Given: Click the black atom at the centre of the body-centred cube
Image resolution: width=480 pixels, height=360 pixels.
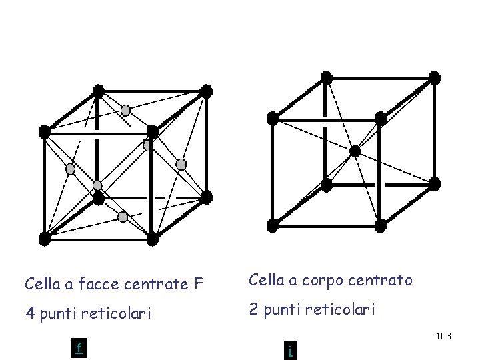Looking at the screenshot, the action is coord(355,151).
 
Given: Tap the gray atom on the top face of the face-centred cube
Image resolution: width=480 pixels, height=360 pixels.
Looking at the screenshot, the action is coord(125,111).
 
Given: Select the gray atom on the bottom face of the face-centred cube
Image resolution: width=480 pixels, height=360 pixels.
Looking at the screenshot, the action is coord(123,217).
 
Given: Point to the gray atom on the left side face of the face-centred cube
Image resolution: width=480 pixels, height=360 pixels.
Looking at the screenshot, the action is coord(70,169).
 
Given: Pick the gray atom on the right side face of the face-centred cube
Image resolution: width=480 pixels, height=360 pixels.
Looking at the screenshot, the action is coord(181,164).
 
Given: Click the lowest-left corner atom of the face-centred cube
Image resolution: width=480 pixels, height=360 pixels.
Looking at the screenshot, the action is coord(45,238).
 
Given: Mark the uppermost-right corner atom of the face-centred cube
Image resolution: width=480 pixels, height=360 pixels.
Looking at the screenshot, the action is coord(207,91).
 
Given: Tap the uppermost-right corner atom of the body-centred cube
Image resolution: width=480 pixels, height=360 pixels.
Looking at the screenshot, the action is coord(435,77).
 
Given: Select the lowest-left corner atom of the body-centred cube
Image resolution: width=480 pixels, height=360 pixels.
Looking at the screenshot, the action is coord(273,225).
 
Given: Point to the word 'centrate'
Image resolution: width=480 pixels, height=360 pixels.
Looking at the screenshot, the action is coord(158,284).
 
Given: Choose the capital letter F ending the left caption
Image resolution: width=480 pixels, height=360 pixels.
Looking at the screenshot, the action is coord(199,284).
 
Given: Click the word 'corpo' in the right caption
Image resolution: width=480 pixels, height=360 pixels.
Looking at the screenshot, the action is coord(333,281).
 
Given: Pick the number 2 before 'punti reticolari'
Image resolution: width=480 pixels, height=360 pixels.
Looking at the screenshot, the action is coord(254,309).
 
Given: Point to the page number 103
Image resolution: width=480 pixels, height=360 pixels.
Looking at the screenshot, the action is coord(443,336).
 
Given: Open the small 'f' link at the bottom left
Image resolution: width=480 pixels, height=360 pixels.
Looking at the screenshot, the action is coord(79,348).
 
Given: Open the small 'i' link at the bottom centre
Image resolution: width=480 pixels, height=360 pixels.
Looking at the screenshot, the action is coord(290,350).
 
